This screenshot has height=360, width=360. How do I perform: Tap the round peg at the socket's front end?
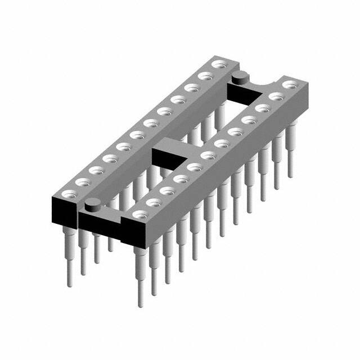93,205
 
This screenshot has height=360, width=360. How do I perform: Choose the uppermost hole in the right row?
290,85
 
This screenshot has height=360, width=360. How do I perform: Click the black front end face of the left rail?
64,211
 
